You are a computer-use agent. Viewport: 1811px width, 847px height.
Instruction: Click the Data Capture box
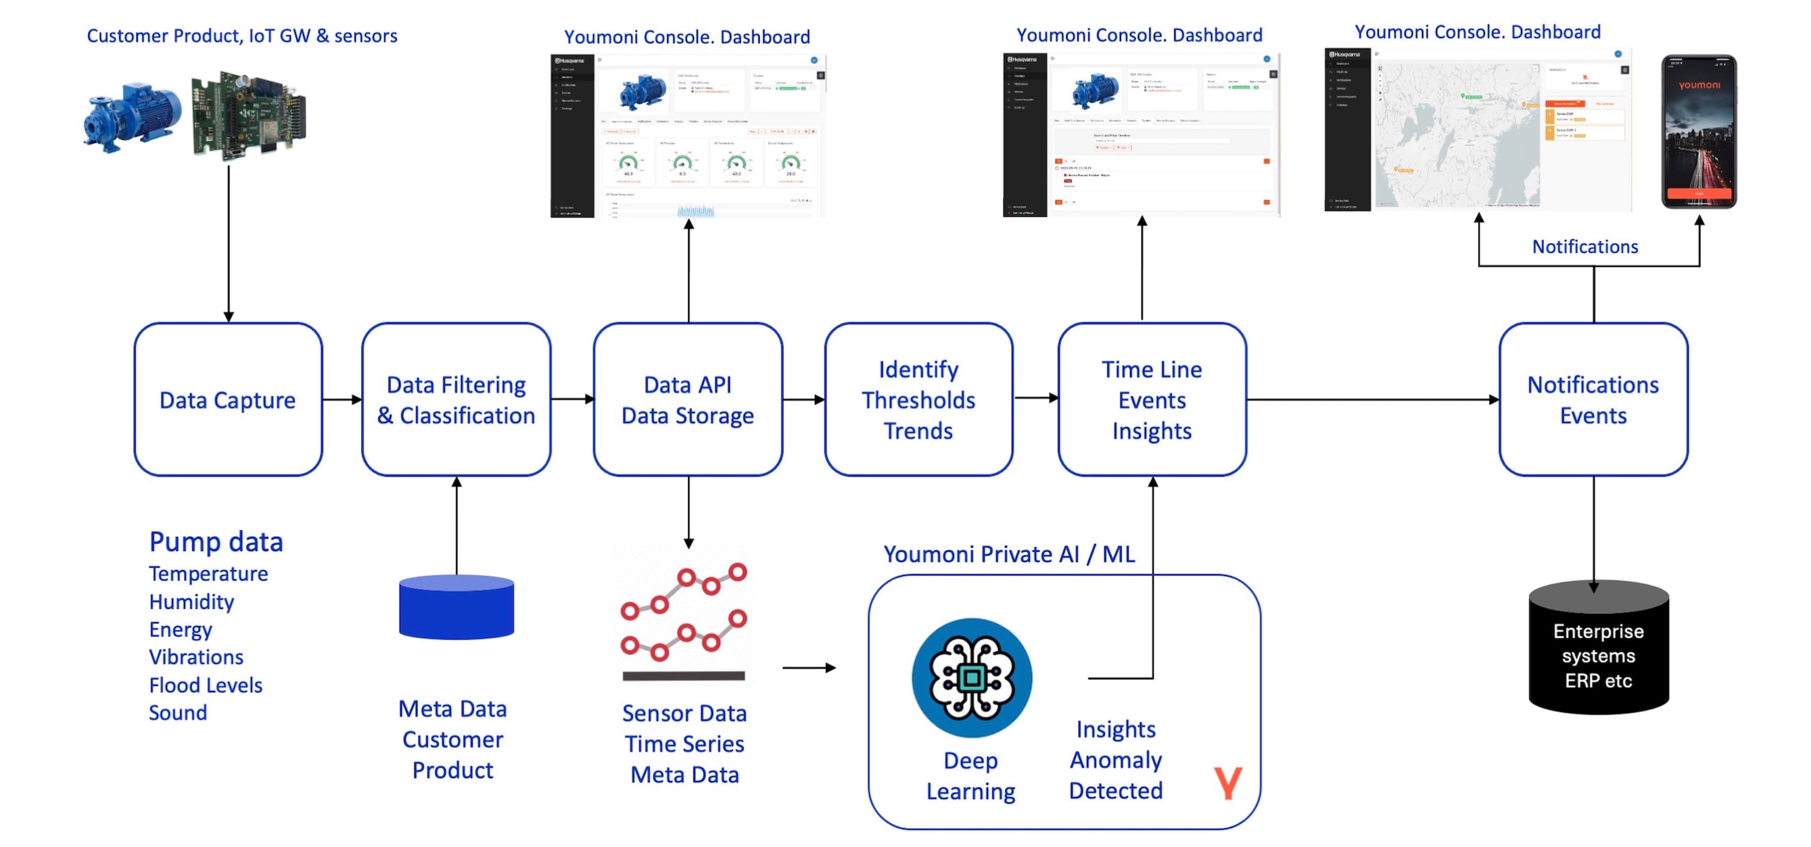228,399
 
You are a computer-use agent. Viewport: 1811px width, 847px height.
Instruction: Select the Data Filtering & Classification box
456,399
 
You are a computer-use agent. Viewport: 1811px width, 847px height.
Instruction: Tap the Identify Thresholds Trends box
918,399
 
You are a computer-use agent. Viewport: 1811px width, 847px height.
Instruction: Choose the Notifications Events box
1593,399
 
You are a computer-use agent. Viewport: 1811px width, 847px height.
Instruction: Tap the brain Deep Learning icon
972,678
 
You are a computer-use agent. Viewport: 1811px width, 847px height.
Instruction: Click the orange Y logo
1228,783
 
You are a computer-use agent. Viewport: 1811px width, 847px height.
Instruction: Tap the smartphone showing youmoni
1698,132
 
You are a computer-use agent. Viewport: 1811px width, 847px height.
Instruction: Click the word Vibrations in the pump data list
196,657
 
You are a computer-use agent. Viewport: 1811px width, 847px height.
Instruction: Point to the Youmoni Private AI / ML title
1008,554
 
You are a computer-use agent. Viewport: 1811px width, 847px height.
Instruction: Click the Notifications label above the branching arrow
1585,247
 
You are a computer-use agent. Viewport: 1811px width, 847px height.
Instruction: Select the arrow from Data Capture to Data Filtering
341,399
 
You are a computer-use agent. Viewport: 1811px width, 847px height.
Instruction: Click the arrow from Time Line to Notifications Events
1371,399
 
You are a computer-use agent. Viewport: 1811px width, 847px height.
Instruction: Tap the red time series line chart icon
684,618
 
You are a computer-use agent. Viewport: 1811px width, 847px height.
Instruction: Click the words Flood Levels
205,685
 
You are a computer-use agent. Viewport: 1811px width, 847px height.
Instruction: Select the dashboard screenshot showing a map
1476,131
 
